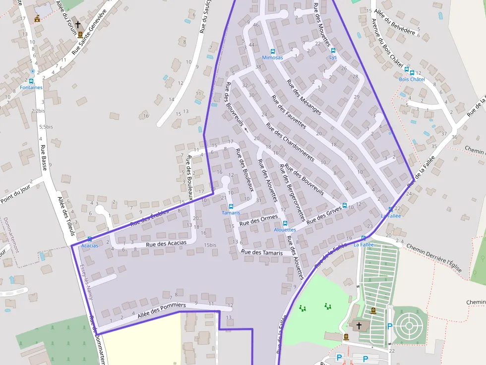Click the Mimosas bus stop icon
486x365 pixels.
(x=272, y=52)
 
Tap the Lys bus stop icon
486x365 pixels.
(x=333, y=51)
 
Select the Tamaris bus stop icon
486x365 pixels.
(x=231, y=207)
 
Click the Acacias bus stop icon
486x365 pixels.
(x=89, y=239)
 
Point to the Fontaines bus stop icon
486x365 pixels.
(x=31, y=81)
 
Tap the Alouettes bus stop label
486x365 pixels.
(x=285, y=230)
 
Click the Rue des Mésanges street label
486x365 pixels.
(x=304, y=97)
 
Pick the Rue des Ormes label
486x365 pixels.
(x=258, y=220)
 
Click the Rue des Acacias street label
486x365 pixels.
(x=166, y=243)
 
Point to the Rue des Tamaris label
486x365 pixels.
(x=262, y=253)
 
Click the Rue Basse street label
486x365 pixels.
(x=44, y=157)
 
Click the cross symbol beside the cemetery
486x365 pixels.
(x=359, y=325)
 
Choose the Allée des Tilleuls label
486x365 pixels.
(x=65, y=216)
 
